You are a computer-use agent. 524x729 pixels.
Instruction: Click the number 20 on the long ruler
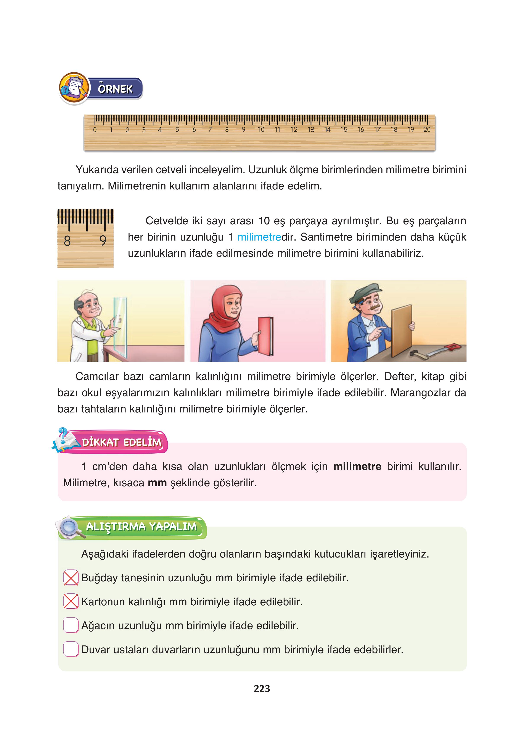point(427,129)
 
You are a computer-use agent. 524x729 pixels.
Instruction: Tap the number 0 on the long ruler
point(95,130)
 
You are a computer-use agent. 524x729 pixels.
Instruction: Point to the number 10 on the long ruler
point(261,129)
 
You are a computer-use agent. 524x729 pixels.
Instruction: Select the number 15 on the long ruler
point(344,129)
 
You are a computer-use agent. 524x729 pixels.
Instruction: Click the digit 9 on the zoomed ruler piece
point(103,240)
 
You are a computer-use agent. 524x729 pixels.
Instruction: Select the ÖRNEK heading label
point(115,89)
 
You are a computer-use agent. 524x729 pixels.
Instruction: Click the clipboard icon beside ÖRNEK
point(74,87)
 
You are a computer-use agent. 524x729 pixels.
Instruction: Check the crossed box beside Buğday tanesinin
point(71,578)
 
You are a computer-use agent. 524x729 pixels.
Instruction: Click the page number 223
point(262,689)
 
